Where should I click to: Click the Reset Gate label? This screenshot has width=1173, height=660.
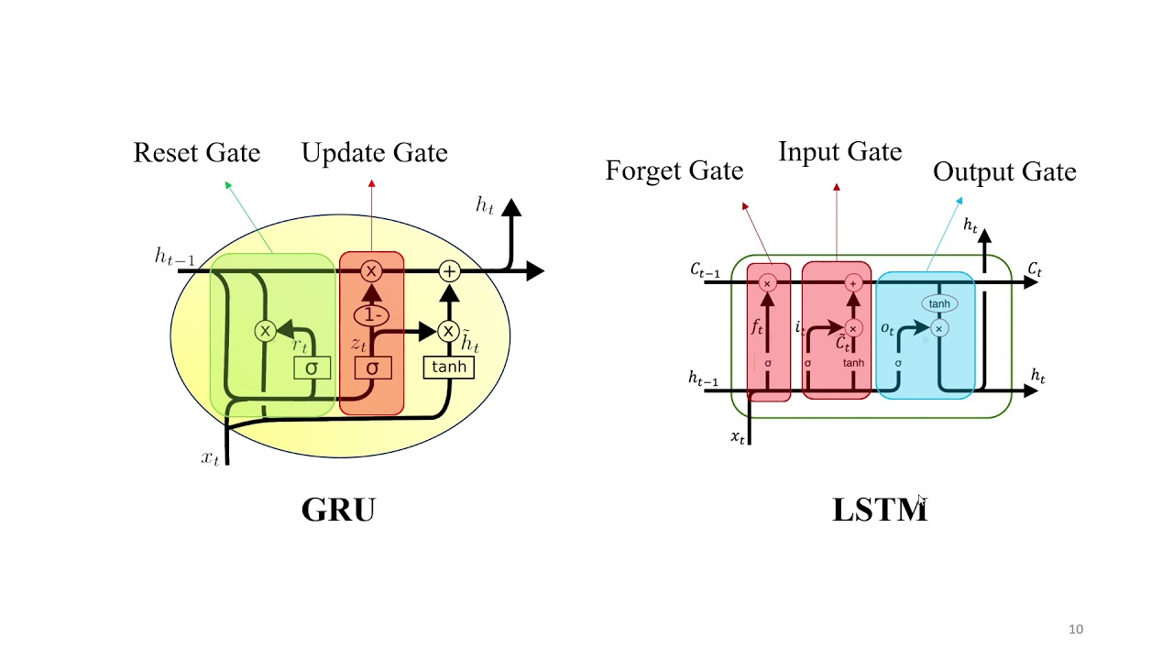pos(196,152)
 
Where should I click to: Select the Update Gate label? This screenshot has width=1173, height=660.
pos(374,152)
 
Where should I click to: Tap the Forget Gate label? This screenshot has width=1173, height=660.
pos(674,170)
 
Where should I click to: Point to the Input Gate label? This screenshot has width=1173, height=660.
pos(839,151)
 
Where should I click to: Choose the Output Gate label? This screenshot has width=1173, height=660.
pos(1004,171)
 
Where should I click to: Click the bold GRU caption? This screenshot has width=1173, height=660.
pos(338,510)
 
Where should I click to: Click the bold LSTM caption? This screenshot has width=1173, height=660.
pos(879,510)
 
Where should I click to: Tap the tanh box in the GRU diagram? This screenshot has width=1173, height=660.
pos(449,367)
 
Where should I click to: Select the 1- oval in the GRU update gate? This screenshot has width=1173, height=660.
pos(371,315)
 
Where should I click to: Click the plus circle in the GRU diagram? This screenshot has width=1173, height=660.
pos(449,271)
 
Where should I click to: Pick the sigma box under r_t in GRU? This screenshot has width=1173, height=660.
pos(312,368)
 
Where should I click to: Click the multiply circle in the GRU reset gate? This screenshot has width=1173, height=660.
pos(265,331)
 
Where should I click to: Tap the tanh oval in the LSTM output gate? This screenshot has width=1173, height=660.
pos(939,303)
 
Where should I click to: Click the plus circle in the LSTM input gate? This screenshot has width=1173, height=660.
pos(853,283)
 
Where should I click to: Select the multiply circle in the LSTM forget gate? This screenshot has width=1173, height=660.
pos(768,283)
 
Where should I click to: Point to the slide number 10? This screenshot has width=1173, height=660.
pos(1076,629)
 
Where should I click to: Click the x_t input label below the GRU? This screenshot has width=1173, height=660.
pos(211,457)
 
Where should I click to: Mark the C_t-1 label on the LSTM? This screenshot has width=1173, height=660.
pos(705,270)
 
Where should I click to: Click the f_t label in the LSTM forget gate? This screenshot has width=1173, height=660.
pos(757,326)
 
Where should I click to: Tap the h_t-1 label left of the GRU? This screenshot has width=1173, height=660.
pos(174,258)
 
